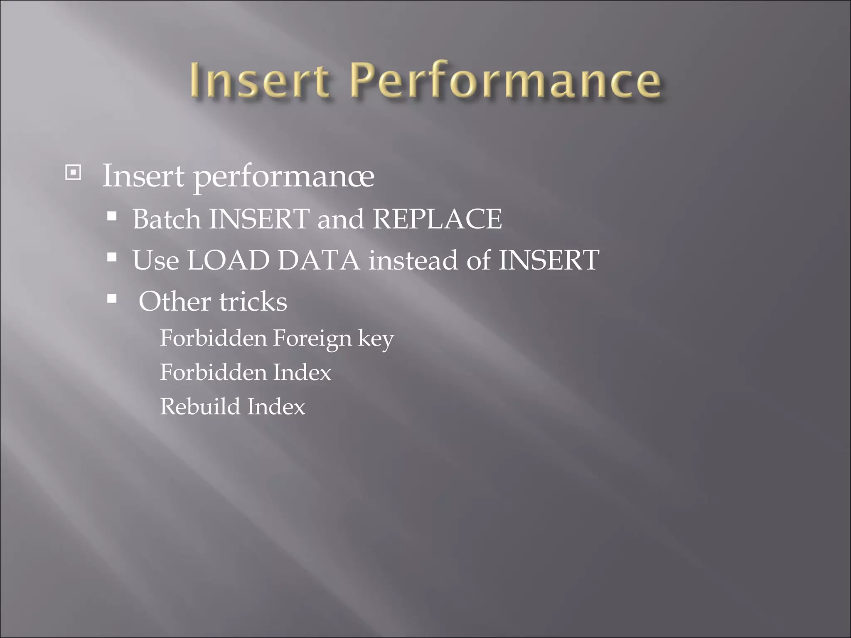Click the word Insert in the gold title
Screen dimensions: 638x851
tap(260, 80)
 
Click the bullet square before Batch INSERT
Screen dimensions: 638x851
tap(111, 216)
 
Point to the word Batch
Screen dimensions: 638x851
tap(166, 219)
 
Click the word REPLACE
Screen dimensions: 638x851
tap(437, 219)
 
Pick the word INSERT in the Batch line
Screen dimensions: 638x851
tap(259, 219)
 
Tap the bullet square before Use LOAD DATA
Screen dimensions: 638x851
tap(111, 258)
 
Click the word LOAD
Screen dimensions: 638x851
tap(229, 260)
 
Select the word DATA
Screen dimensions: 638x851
tap(319, 260)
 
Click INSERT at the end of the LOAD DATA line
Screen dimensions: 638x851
tap(548, 260)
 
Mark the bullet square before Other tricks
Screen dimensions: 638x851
tap(111, 298)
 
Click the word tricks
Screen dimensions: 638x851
tap(253, 301)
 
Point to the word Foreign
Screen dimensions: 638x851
tap(312, 339)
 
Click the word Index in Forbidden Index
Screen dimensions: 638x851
tap(302, 372)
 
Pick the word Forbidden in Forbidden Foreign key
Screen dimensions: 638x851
tap(213, 338)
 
